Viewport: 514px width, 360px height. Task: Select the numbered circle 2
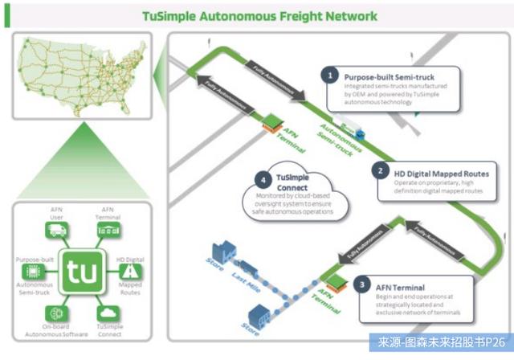coord(378,170)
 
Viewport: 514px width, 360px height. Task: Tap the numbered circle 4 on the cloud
coord(260,180)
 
